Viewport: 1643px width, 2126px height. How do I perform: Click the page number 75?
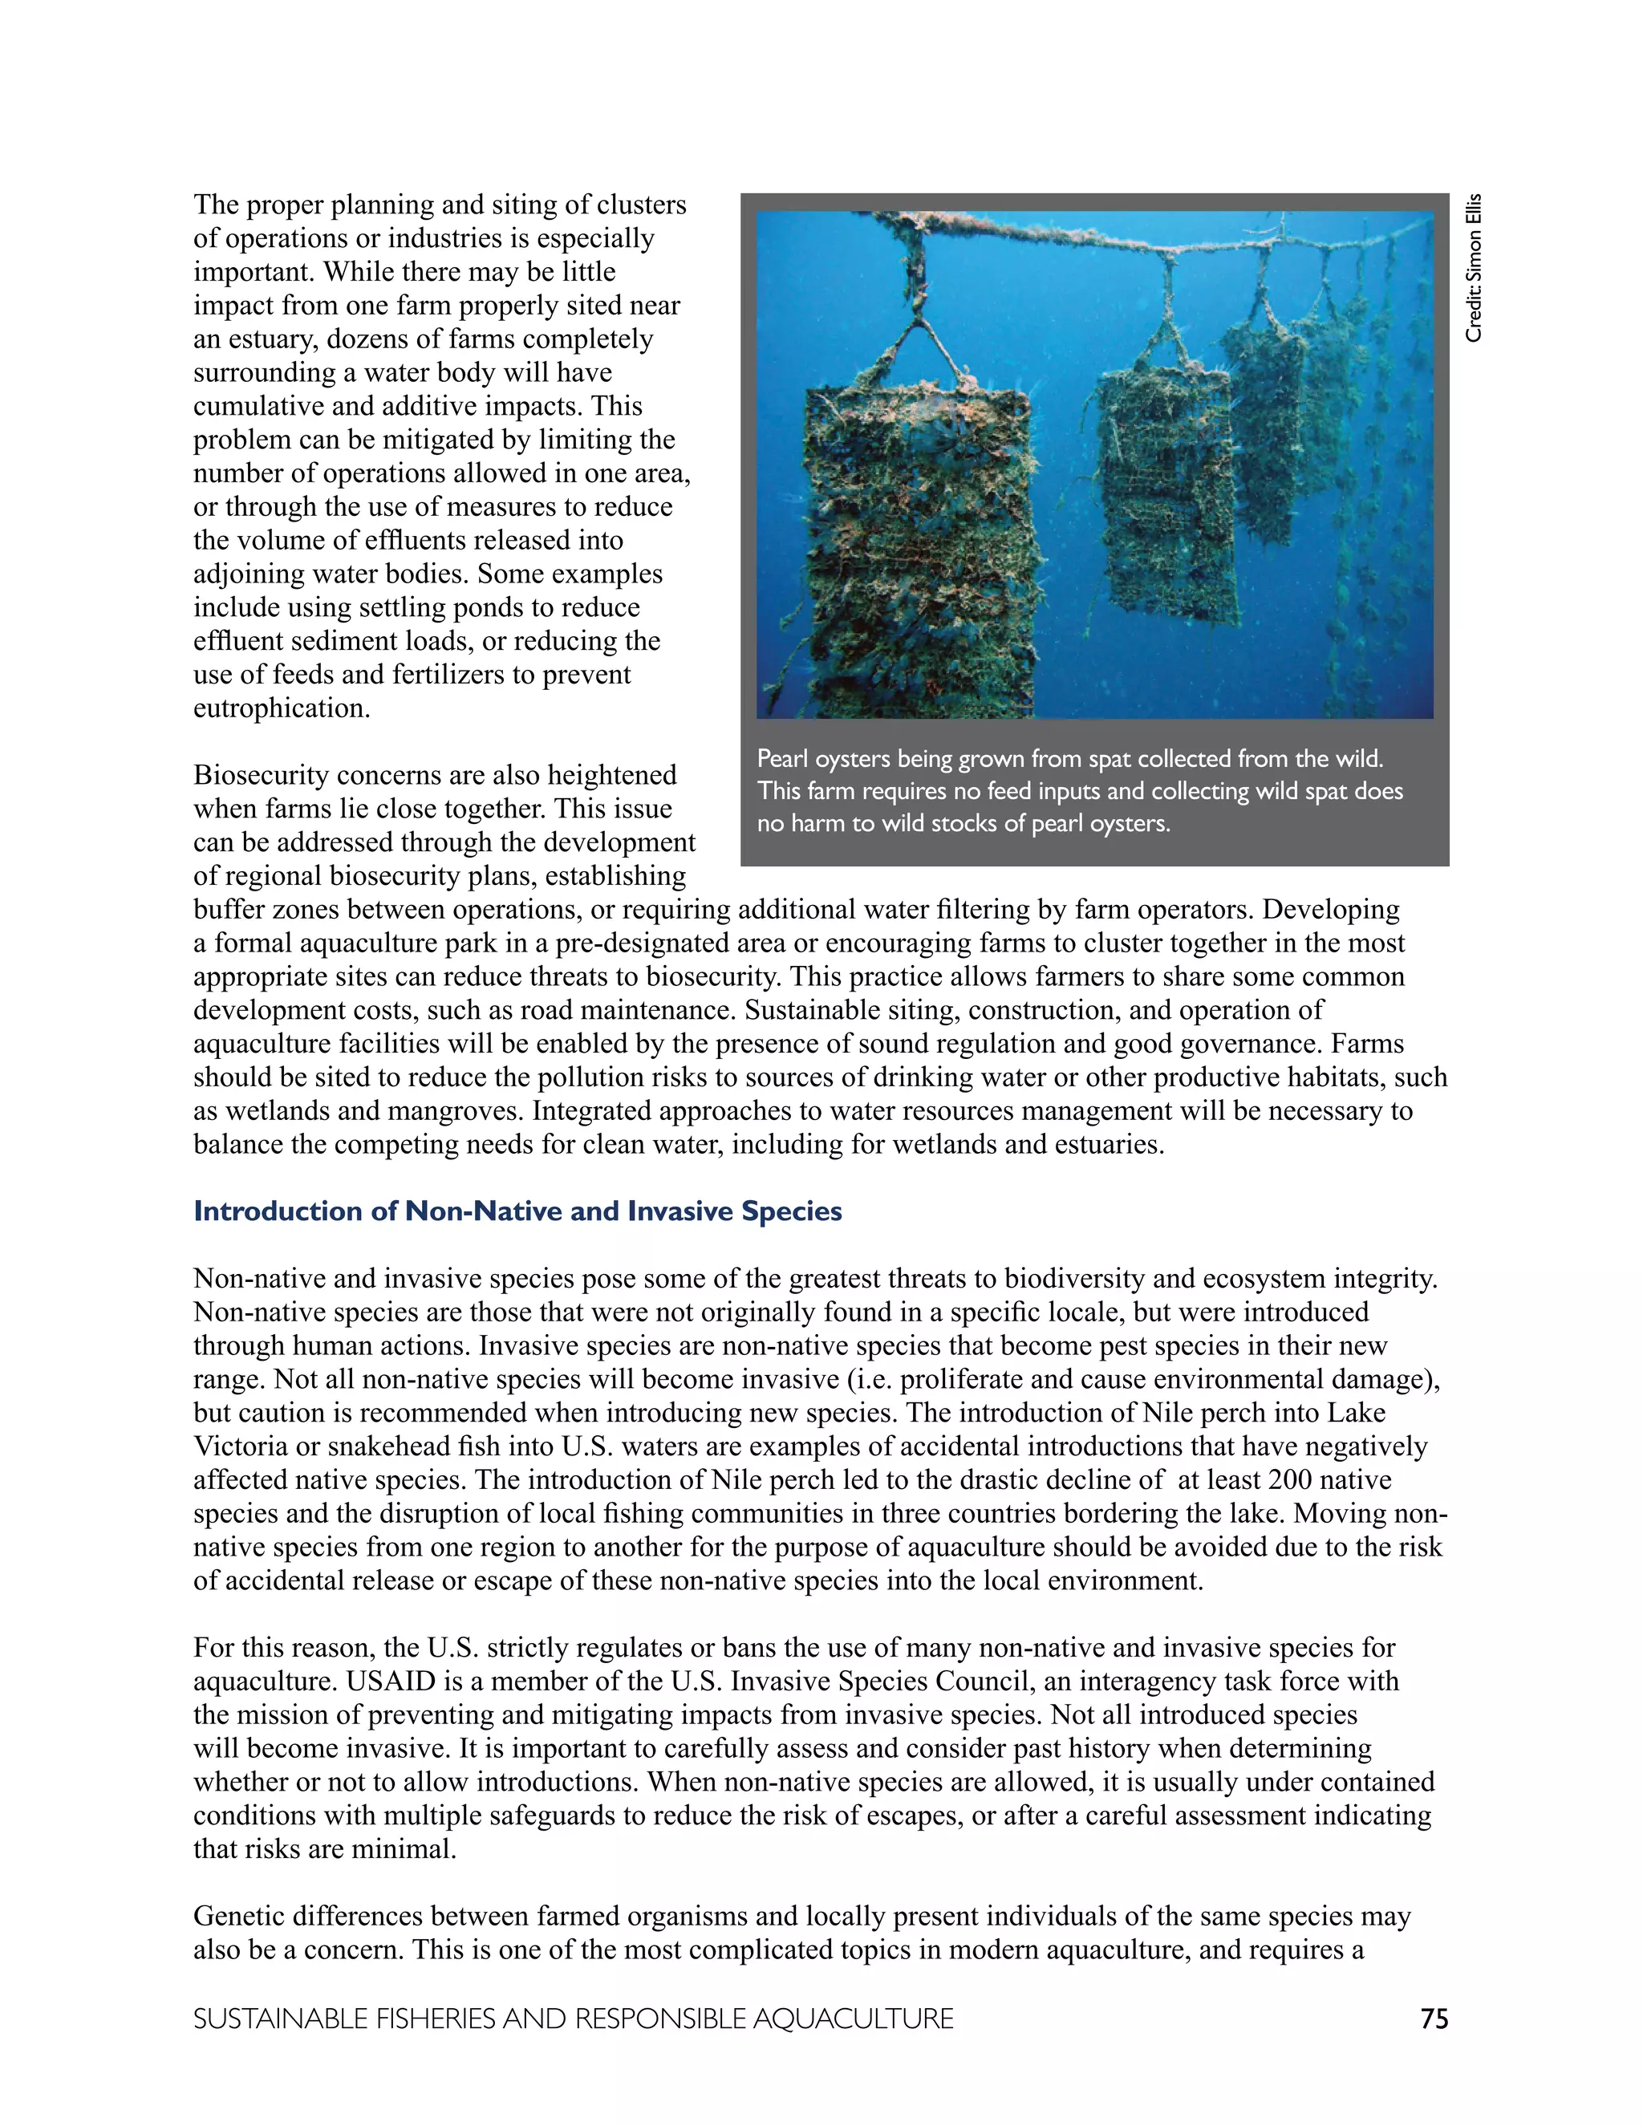click(1434, 2019)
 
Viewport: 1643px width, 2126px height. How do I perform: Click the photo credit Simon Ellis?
click(1474, 268)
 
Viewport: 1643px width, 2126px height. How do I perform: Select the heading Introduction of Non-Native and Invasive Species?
click(517, 1211)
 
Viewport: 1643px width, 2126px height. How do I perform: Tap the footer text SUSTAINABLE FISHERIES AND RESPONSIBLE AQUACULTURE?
click(572, 2019)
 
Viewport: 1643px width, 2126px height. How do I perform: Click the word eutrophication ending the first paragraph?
click(282, 708)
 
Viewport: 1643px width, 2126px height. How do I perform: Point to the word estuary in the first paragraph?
click(264, 339)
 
